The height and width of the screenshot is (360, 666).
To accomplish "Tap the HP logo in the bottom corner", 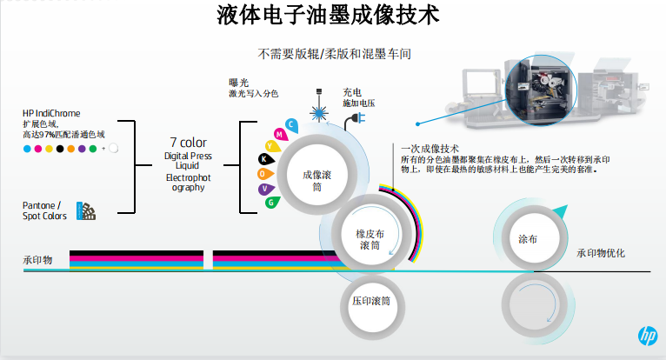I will coord(645,337).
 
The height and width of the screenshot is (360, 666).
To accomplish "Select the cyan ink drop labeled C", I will coord(291,124).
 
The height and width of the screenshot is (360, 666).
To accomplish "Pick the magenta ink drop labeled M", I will coord(278,134).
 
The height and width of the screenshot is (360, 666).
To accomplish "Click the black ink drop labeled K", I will coord(264,159).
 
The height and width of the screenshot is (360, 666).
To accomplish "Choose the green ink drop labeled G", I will coord(272,202).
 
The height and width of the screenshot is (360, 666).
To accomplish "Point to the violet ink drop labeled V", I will coord(264,188).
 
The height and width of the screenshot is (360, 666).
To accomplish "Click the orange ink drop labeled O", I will coord(262,174).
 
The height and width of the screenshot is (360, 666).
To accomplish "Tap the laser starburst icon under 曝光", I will coord(321,112).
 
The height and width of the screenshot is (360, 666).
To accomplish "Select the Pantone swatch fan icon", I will coord(86,210).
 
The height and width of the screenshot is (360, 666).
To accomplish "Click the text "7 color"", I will coord(188,142).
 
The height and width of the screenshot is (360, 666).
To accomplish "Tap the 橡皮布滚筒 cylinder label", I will coord(370,239).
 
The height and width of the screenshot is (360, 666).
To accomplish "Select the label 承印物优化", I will coord(601,253).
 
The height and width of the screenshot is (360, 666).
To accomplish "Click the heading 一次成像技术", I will coord(430,149).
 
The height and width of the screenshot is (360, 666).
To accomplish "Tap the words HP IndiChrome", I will coord(51,113).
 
